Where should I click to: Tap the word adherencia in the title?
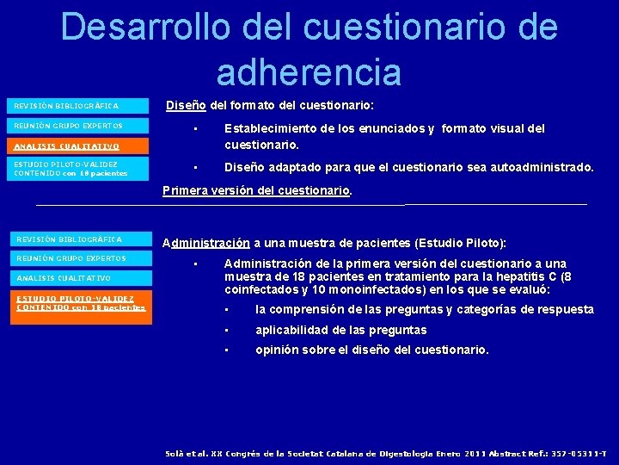click(x=309, y=72)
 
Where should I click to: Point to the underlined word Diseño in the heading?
click(x=185, y=105)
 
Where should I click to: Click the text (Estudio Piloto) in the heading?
click(x=460, y=243)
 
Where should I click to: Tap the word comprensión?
click(x=327, y=309)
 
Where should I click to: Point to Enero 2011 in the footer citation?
click(x=446, y=452)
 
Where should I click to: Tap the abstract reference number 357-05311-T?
click(x=577, y=452)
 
